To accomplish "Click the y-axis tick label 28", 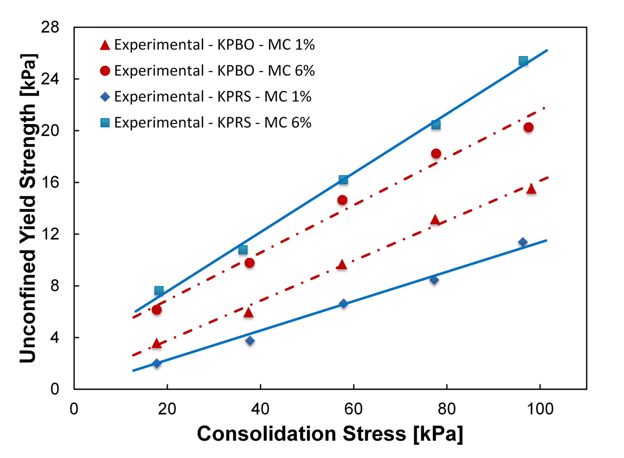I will point(50,27).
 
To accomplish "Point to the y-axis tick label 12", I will point(50,234).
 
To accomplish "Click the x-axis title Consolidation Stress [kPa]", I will point(330,434).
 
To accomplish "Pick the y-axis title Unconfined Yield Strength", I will point(28,208).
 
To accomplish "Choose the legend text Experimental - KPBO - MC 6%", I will point(214,71).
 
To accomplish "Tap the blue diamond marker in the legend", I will point(105,97).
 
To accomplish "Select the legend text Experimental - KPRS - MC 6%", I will point(213,123).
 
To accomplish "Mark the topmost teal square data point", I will point(523,61).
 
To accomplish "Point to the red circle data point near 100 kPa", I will point(528,128).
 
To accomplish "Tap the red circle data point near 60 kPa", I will point(342,200).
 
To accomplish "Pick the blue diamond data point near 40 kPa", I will point(250,340).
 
